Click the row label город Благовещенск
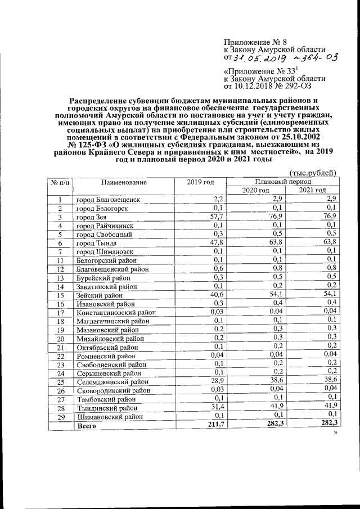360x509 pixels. click(108, 200)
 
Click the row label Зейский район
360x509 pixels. click(100, 295)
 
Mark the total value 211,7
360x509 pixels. click(214, 424)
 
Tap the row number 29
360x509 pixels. click(61, 417)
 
